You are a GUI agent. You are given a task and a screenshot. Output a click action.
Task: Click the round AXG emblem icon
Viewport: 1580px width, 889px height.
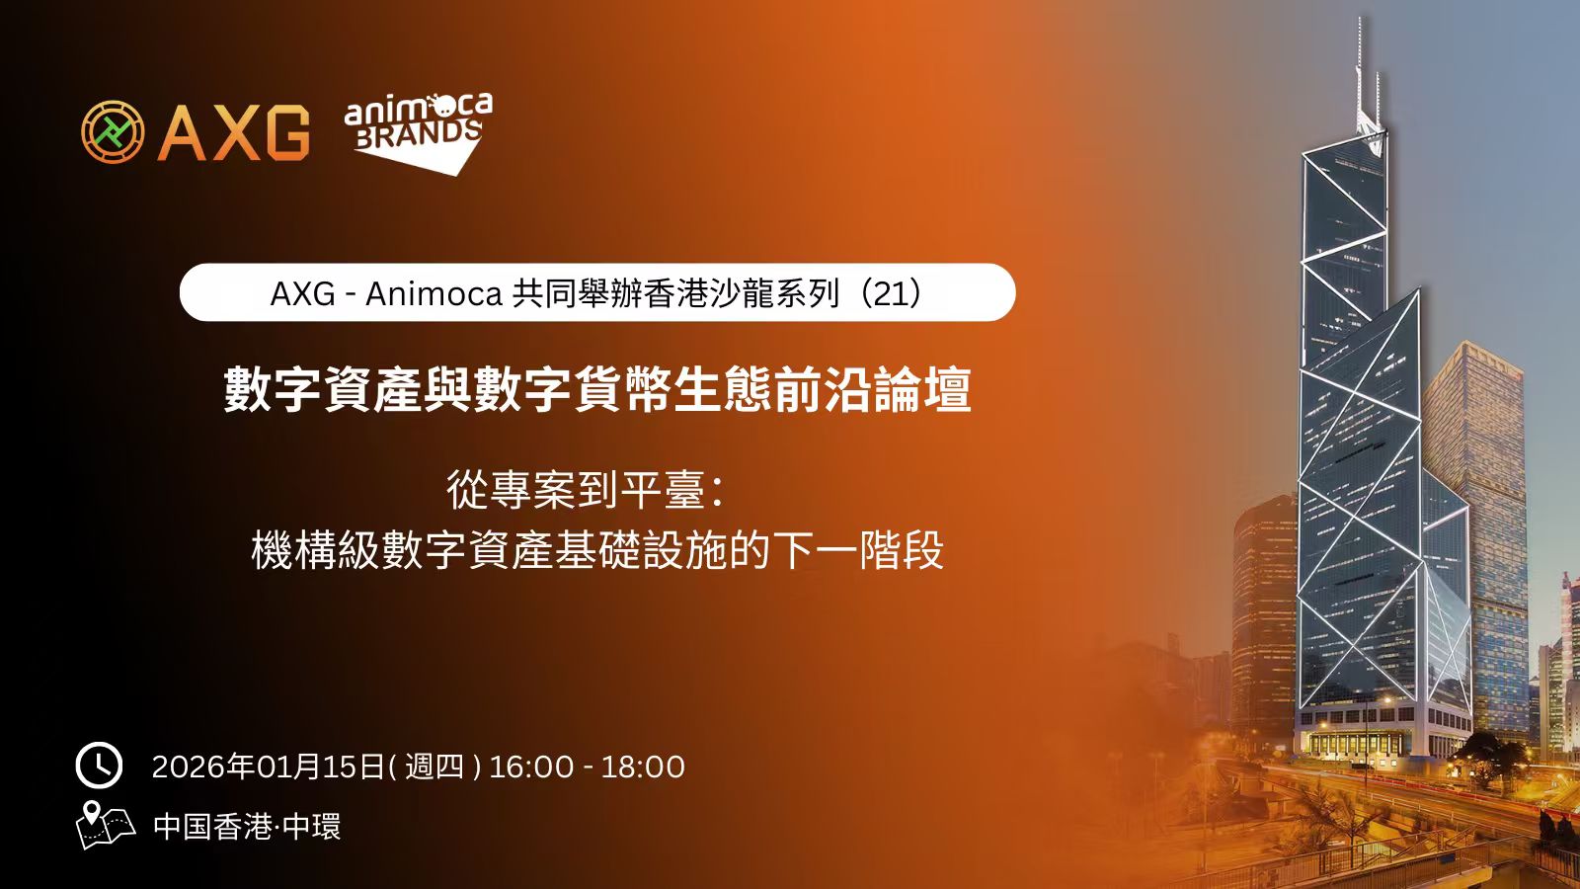pyautogui.click(x=113, y=131)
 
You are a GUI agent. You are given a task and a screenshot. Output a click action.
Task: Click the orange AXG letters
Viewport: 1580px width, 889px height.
pyautogui.click(x=234, y=132)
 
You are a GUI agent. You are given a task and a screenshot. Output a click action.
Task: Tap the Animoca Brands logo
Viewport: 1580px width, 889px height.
pyautogui.click(x=419, y=132)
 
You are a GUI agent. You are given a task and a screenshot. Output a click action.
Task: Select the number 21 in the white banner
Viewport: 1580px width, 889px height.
pyautogui.click(x=891, y=292)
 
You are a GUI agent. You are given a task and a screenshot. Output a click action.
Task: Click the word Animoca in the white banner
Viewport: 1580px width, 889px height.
pyautogui.click(x=434, y=293)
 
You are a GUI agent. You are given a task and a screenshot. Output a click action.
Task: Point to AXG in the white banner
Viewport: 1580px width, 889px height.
pyautogui.click(x=302, y=293)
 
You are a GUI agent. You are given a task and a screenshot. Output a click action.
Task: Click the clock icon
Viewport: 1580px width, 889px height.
pyautogui.click(x=99, y=766)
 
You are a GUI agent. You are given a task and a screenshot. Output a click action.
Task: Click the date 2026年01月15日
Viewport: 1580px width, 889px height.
pyautogui.click(x=268, y=767)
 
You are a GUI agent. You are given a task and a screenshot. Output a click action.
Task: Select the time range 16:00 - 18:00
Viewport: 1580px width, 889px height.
pyautogui.click(x=587, y=767)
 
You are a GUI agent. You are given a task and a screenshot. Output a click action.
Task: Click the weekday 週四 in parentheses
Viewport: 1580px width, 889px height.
pyautogui.click(x=434, y=767)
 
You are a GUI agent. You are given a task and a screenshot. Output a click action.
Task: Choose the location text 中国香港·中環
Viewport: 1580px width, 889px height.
pyautogui.click(x=247, y=826)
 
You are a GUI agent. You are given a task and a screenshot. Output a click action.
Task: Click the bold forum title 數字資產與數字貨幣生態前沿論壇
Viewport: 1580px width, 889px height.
pyautogui.click(x=597, y=389)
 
